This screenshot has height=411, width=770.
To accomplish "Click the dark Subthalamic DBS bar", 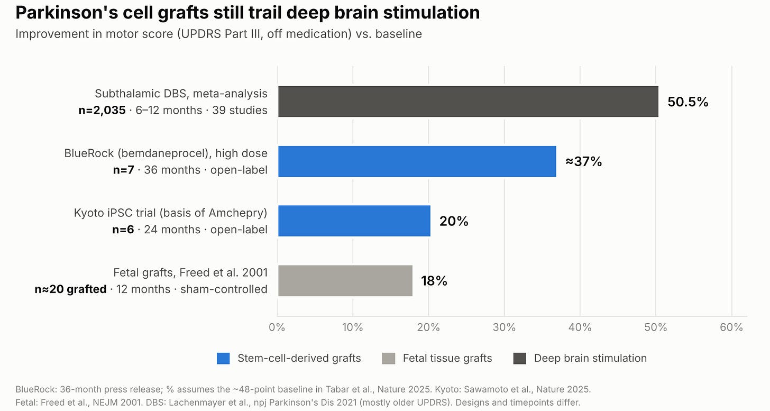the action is tap(468, 102).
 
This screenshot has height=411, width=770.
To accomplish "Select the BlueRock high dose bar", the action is tap(417, 161).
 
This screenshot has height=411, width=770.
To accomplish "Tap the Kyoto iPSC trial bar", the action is tap(354, 221).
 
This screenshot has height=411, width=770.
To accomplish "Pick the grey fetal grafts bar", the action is tap(345, 281).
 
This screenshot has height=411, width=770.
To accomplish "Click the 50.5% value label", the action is tap(688, 102).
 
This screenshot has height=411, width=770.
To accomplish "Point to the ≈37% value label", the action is tap(584, 161).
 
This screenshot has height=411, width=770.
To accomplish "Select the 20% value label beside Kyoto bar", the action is tap(454, 221).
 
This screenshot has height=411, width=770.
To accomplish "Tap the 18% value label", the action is tap(434, 281).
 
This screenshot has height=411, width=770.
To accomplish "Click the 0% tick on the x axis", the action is tap(277, 327).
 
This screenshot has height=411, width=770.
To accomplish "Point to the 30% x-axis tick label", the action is tap(504, 327).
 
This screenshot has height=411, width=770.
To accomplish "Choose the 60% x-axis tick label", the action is tap(731, 327).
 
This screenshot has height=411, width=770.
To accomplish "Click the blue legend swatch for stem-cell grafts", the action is tap(223, 359).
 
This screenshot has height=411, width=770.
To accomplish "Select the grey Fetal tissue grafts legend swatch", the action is tap(388, 359).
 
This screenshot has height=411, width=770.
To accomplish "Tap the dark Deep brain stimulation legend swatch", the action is tap(519, 359).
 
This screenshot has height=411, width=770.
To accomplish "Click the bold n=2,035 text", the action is tap(102, 110).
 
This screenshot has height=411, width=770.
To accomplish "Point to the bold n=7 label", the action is tap(123, 170).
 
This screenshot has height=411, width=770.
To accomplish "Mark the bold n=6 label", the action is tap(123, 230).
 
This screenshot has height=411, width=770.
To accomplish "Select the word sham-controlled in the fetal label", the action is tap(224, 289).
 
